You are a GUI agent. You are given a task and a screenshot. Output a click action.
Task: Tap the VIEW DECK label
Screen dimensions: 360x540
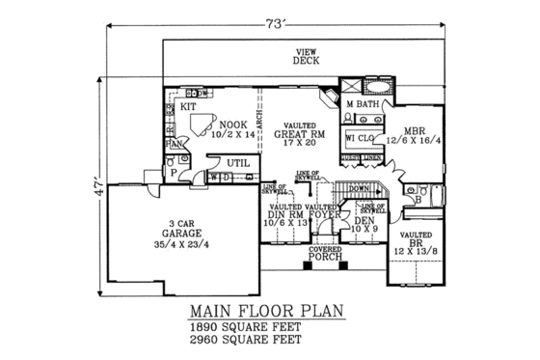click(x=306, y=62)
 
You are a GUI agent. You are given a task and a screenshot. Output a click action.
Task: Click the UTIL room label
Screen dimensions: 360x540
click(x=237, y=164)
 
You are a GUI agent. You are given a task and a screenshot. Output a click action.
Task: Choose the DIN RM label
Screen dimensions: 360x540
click(x=286, y=215)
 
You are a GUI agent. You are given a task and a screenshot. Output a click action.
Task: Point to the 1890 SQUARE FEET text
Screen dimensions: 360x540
click(x=244, y=327)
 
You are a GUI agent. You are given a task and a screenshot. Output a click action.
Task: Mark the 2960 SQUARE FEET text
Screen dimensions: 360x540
click(x=244, y=341)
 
